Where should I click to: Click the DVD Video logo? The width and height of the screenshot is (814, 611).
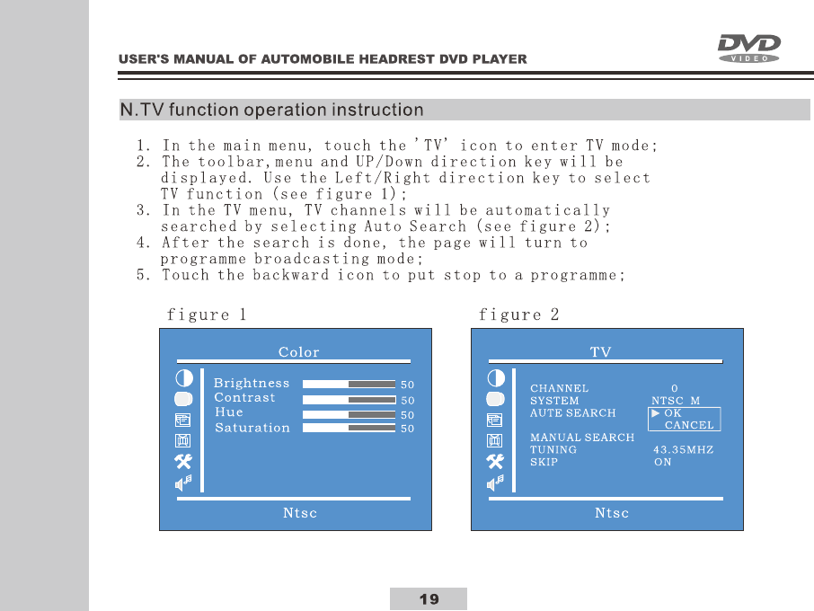(748, 48)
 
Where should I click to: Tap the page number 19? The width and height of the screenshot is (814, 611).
(429, 599)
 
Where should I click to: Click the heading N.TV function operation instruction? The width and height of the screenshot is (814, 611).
(272, 111)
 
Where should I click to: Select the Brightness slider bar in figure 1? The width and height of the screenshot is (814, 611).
(349, 385)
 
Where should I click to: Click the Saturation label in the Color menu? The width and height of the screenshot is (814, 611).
(252, 428)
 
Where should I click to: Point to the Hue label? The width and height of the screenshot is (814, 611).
(229, 412)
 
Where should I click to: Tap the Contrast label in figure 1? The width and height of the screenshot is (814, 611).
(244, 397)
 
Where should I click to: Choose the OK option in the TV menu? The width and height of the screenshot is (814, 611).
(673, 413)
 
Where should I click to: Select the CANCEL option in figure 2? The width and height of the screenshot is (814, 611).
(689, 425)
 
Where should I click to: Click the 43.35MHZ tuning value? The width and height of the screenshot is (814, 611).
(683, 449)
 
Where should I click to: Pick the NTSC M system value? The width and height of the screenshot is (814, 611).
(676, 401)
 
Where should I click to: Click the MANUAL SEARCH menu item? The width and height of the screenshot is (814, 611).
(582, 438)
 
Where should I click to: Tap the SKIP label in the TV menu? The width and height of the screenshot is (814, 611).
(544, 462)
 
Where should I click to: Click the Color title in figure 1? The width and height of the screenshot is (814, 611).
(298, 352)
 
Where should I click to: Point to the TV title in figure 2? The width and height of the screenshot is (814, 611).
(600, 352)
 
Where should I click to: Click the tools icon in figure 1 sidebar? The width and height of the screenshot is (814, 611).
(183, 462)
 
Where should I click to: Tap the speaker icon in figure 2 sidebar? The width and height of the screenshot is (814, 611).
(495, 483)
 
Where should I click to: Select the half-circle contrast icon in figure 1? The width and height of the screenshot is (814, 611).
(183, 378)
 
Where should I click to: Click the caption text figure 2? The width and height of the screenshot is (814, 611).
(519, 314)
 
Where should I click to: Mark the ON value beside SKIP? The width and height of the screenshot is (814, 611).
(662, 462)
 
